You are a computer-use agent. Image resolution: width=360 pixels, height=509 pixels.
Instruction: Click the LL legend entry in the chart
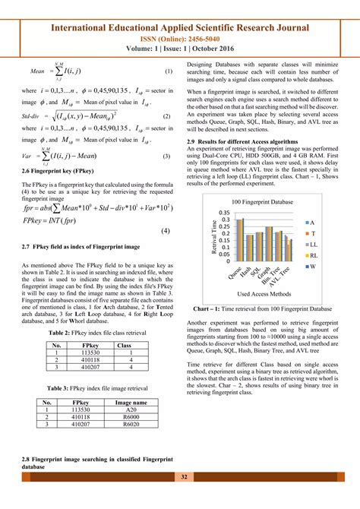(x=332, y=223)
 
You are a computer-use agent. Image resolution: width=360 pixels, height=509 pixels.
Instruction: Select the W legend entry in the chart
(x=332, y=246)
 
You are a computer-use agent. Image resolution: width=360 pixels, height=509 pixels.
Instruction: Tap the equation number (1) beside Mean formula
(x=169, y=71)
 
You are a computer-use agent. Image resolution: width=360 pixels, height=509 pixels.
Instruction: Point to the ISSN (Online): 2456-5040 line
(x=180, y=36)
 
